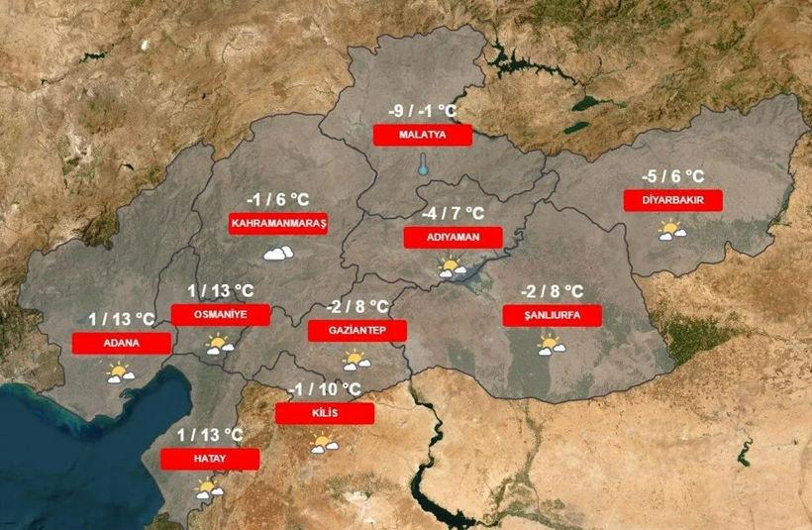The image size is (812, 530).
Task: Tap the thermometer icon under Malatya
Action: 423,164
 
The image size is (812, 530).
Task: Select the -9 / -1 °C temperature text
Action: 423,111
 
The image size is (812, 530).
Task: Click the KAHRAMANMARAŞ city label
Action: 278,224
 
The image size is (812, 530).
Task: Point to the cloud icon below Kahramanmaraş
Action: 278,254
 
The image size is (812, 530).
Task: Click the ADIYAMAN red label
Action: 454,238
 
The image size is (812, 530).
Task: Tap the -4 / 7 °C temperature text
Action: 453,214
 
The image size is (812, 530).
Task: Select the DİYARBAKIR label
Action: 673,200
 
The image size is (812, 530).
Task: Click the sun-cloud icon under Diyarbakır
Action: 673,231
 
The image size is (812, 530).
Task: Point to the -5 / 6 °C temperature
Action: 673,176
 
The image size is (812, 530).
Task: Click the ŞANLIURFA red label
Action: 553,316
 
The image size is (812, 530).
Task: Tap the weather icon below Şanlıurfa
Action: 551,346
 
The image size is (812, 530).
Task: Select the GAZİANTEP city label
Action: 357,330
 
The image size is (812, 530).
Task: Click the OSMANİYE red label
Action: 221,314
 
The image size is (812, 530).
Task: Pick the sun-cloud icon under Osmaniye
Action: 219,345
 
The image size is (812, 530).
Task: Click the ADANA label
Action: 122,343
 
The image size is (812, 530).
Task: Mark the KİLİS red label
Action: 325,413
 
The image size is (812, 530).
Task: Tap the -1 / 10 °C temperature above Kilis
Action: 326,389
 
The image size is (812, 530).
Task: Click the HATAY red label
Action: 210,459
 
